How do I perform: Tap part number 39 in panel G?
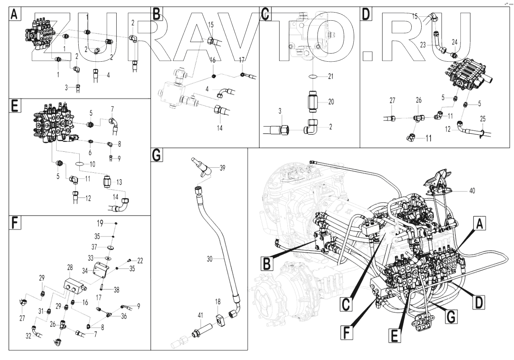click(x=222, y=167)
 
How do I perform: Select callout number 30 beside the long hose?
click(x=210, y=259)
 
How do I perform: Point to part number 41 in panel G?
click(x=200, y=315)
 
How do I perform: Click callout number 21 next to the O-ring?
click(x=330, y=77)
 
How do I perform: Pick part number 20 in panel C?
click(x=331, y=102)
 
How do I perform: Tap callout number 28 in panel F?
click(x=70, y=267)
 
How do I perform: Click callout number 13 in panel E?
click(x=119, y=182)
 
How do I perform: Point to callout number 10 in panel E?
click(x=92, y=164)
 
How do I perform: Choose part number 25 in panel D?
click(x=483, y=119)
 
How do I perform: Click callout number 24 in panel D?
click(x=455, y=42)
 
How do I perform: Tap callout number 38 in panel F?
click(x=116, y=290)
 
